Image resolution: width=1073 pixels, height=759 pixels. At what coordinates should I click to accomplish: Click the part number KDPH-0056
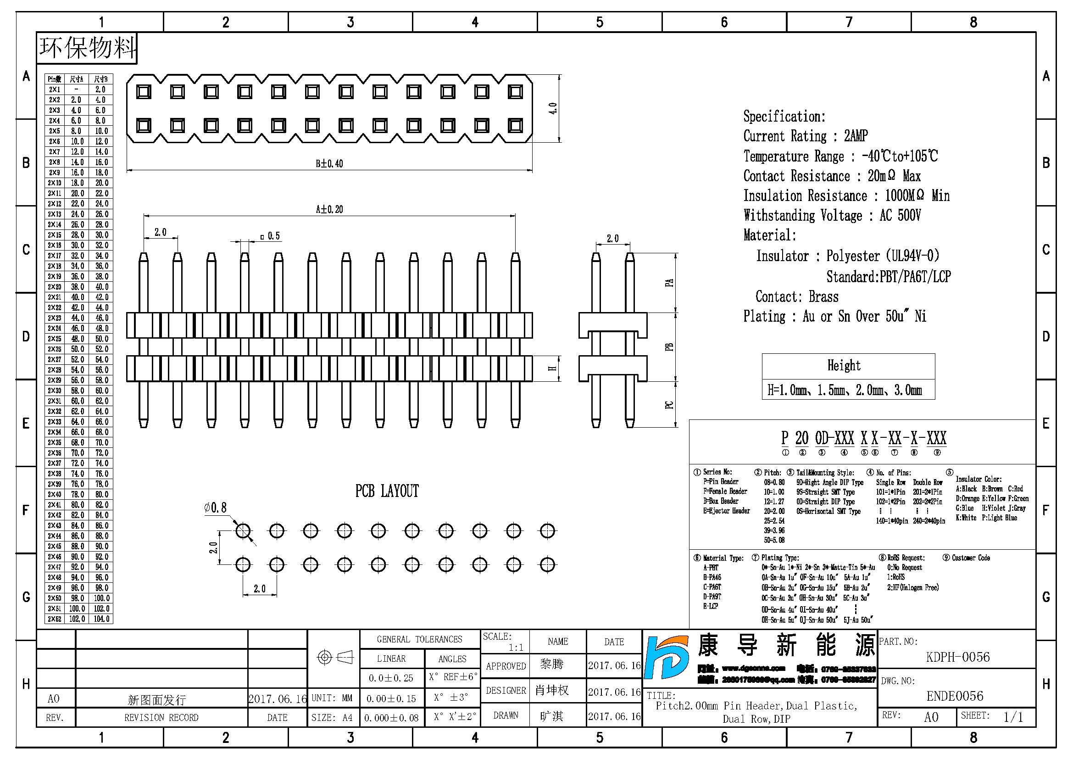pos(957,657)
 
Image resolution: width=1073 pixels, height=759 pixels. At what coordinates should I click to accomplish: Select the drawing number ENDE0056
pos(955,697)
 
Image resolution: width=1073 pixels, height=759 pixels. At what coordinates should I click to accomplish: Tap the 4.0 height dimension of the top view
pos(553,108)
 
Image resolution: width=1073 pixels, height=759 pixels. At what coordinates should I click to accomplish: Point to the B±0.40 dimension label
pos(329,163)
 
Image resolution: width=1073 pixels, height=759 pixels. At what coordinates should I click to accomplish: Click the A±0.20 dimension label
pos(329,209)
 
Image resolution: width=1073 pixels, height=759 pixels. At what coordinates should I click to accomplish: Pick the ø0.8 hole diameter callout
pos(216,508)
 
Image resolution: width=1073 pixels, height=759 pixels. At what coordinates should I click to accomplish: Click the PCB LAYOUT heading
pos(387,491)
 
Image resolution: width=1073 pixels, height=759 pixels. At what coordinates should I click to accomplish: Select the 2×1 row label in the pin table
pos(55,89)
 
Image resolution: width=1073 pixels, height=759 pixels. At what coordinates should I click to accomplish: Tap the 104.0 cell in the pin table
pos(101,619)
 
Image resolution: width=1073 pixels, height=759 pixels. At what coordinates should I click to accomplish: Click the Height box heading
pos(844,365)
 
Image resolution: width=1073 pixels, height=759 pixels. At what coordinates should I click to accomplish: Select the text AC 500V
pos(900,216)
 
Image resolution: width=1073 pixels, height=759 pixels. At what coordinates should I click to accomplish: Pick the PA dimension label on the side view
pos(669,283)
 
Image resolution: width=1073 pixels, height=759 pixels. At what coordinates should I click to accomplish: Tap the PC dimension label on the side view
pos(669,405)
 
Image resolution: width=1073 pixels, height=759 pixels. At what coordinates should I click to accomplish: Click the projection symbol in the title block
pos(334,658)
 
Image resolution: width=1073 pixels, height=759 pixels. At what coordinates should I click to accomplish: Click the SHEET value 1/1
pos(1013,717)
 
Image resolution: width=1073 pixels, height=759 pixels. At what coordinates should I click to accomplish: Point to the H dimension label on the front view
pos(553,369)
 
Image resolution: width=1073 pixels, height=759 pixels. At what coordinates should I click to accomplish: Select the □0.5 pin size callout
pos(271,236)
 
